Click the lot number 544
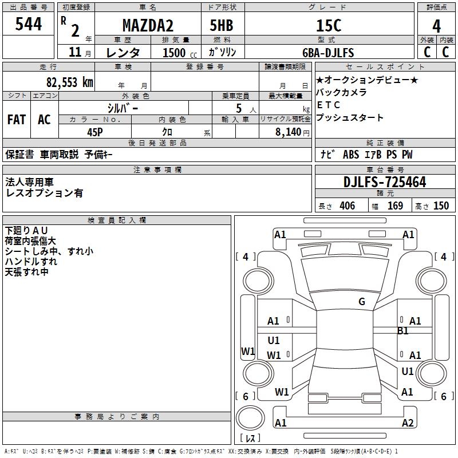click(29, 24)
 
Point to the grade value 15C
click(329, 26)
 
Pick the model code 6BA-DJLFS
click(328, 53)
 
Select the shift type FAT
click(17, 119)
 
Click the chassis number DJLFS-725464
click(385, 182)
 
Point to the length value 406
click(346, 206)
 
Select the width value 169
click(395, 206)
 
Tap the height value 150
click(441, 206)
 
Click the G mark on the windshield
click(362, 302)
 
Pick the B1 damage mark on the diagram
click(403, 331)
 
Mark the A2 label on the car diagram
click(408, 423)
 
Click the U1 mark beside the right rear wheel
click(408, 372)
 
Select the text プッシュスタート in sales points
click(349, 118)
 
